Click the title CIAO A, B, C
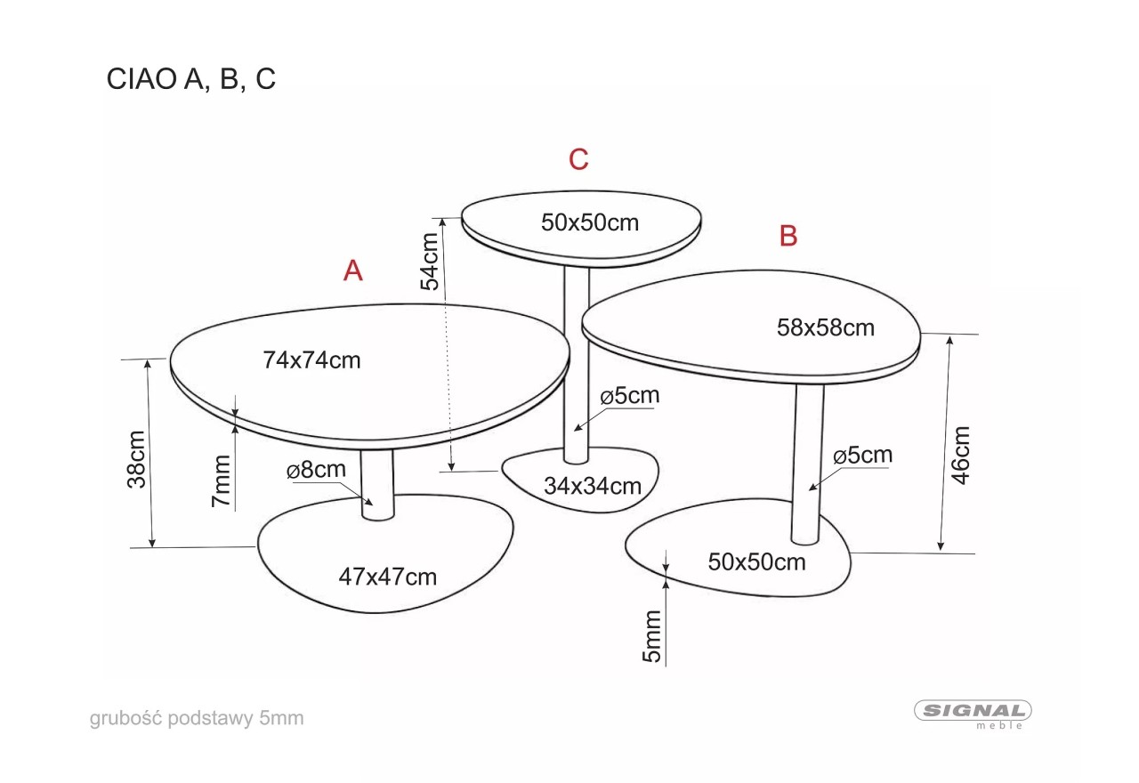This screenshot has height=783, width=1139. pyautogui.click(x=190, y=79)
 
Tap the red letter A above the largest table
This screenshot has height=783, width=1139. pyautogui.click(x=353, y=270)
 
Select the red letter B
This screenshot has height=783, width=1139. pyautogui.click(x=788, y=236)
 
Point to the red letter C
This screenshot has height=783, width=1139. pyautogui.click(x=578, y=159)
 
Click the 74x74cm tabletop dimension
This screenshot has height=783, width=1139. pyautogui.click(x=311, y=360)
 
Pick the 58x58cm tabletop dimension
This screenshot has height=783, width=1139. pyautogui.click(x=826, y=327)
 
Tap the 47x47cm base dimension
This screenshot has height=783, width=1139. pyautogui.click(x=388, y=577)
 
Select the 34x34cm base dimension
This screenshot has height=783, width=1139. pyautogui.click(x=593, y=486)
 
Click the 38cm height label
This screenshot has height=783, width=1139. pyautogui.click(x=136, y=459)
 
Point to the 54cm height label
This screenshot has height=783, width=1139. pyautogui.click(x=430, y=262)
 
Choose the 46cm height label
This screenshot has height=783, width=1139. pyautogui.click(x=960, y=456)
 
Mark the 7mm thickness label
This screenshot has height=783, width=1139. pyautogui.click(x=222, y=481)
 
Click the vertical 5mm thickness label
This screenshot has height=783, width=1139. pyautogui.click(x=652, y=636)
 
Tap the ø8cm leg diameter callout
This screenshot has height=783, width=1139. pyautogui.click(x=316, y=469)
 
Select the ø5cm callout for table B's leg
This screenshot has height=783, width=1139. pyautogui.click(x=863, y=455)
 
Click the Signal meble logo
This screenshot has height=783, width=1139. pyautogui.click(x=973, y=714)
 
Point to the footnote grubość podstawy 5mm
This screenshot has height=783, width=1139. pyautogui.click(x=197, y=718)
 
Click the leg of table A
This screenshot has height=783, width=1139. pyautogui.click(x=377, y=484)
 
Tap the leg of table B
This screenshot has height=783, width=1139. pyautogui.click(x=807, y=464)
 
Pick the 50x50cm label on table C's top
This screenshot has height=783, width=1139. pyautogui.click(x=590, y=222)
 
